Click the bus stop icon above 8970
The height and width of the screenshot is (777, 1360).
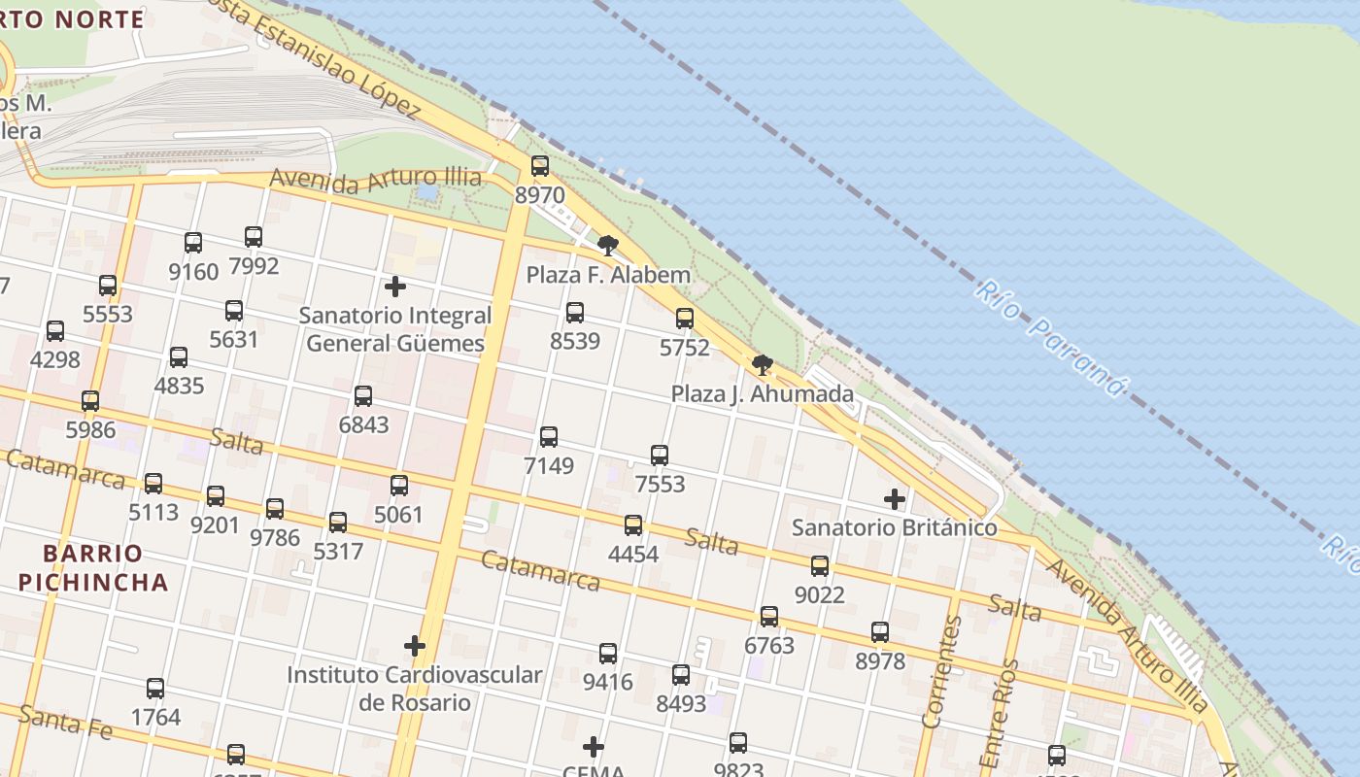pyautogui.click(x=540, y=166)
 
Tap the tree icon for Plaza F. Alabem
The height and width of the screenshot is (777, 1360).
pyautogui.click(x=608, y=246)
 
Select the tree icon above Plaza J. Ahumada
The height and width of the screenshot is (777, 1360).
pyautogui.click(x=763, y=365)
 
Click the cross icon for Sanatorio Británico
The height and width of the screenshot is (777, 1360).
pyautogui.click(x=895, y=499)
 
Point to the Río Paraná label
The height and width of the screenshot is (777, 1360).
pyautogui.click(x=1050, y=338)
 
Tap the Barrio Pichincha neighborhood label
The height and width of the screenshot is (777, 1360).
pyautogui.click(x=93, y=568)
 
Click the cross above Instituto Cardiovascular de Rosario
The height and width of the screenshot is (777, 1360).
pyautogui.click(x=415, y=646)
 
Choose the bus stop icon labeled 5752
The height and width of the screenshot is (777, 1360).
pyautogui.click(x=685, y=319)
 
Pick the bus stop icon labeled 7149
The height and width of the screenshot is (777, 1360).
pyautogui.click(x=549, y=437)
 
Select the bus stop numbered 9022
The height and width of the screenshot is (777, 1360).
pyautogui.click(x=820, y=566)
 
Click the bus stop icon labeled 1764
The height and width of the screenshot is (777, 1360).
pyautogui.click(x=155, y=689)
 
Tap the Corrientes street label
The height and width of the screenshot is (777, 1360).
pyautogui.click(x=941, y=671)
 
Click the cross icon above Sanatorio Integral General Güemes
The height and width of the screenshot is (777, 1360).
pyautogui.click(x=395, y=287)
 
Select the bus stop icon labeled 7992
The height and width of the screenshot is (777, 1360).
pyautogui.click(x=254, y=237)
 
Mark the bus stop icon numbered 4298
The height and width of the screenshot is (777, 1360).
pyautogui.click(x=55, y=331)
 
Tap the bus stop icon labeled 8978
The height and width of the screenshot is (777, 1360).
pyautogui.click(x=880, y=632)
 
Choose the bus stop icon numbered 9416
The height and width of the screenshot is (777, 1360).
pyautogui.click(x=608, y=654)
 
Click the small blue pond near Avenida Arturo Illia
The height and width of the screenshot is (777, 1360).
pyautogui.click(x=426, y=192)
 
